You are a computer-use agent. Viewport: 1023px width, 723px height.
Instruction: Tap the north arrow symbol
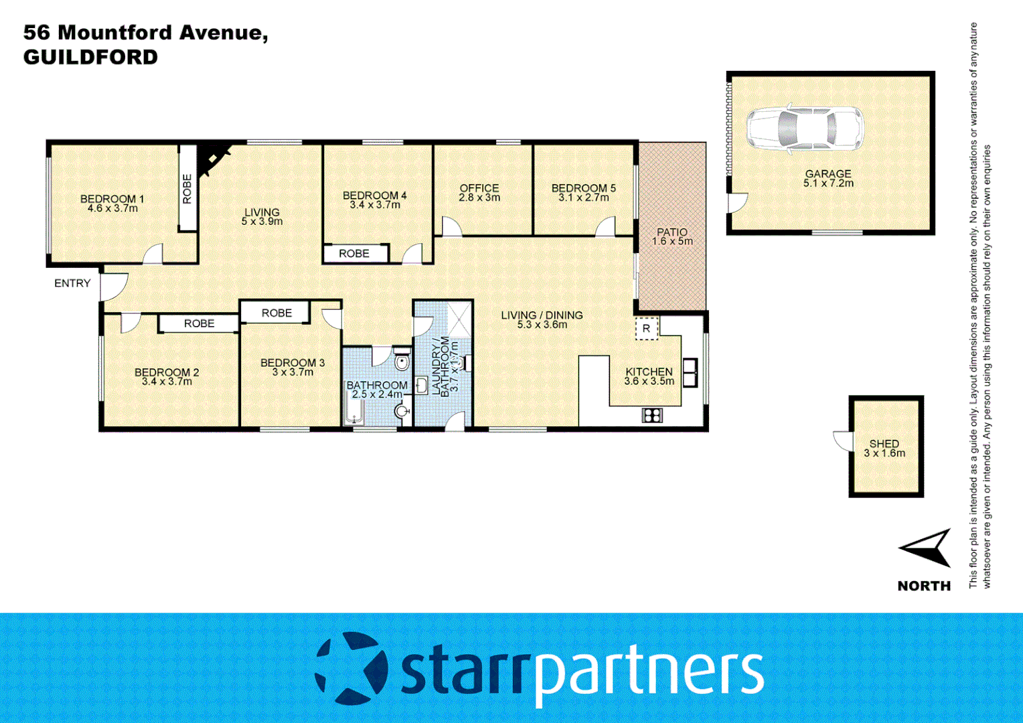point(927,548)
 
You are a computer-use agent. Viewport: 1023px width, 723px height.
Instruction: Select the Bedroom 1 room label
point(112,199)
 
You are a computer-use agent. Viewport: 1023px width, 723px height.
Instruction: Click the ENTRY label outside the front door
point(72,283)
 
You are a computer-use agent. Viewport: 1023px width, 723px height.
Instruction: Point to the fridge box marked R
point(646,328)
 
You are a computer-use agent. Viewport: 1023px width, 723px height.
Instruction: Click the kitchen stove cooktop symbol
point(651,415)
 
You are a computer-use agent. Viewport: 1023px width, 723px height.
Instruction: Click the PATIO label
point(672,232)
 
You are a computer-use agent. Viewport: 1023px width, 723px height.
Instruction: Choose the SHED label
point(884,443)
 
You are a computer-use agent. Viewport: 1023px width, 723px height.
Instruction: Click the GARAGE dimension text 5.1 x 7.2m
point(828,183)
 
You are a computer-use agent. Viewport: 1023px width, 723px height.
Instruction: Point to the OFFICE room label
point(479,188)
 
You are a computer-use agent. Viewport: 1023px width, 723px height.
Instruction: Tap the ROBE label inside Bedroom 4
point(354,254)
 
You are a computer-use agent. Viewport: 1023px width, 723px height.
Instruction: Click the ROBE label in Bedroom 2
point(199,323)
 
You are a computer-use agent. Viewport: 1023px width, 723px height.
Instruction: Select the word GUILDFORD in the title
point(90,57)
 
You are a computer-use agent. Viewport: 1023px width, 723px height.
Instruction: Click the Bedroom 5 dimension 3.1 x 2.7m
point(584,197)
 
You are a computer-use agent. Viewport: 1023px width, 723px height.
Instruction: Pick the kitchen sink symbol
point(690,373)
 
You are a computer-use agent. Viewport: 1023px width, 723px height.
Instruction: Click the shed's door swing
point(842,440)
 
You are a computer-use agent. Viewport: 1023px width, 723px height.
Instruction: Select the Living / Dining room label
point(542,315)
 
